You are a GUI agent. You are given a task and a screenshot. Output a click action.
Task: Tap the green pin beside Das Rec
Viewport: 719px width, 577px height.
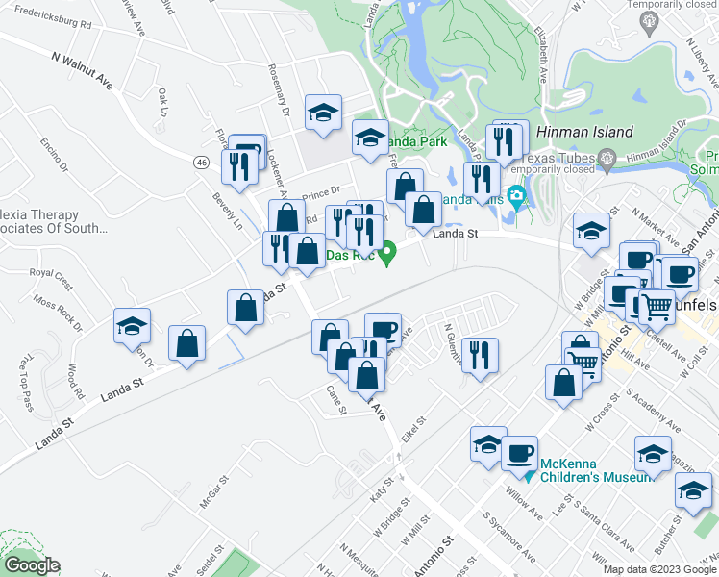(x=388, y=255)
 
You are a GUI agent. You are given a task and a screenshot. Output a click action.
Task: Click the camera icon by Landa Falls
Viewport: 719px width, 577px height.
(x=518, y=200)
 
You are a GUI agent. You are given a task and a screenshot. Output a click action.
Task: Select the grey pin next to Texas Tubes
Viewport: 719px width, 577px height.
(x=606, y=158)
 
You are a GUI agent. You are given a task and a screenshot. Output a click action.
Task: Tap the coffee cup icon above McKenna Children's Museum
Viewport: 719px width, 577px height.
(x=521, y=451)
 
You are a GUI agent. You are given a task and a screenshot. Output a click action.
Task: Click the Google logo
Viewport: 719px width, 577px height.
(x=31, y=565)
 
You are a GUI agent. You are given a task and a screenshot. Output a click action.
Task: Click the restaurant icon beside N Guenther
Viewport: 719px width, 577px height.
(x=479, y=356)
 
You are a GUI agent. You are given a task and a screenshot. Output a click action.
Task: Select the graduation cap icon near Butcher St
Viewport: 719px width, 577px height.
(x=692, y=489)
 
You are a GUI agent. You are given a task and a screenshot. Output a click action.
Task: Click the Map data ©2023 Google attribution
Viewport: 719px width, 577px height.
(x=659, y=568)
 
